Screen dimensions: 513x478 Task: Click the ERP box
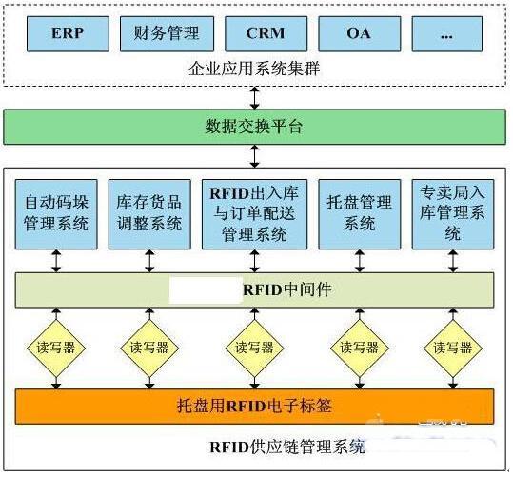pyautogui.click(x=68, y=33)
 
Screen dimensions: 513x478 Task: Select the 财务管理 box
pyautogui.click(x=167, y=33)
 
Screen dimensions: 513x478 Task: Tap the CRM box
pyautogui.click(x=266, y=33)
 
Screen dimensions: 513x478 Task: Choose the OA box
pyautogui.click(x=360, y=33)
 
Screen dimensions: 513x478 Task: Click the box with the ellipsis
pyautogui.click(x=447, y=33)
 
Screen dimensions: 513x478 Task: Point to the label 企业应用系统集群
pyautogui.click(x=254, y=69)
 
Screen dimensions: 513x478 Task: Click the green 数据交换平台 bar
pyautogui.click(x=254, y=127)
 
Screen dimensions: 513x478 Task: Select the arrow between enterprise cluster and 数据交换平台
pyautogui.click(x=254, y=97)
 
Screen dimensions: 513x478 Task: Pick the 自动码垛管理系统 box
pyautogui.click(x=56, y=214)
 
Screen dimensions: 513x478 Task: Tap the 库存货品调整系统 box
pyautogui.click(x=149, y=214)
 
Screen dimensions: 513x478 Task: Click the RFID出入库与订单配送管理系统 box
pyautogui.click(x=254, y=214)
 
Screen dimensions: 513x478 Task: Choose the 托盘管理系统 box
pyautogui.click(x=360, y=214)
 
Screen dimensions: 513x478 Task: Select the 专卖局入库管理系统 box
pyautogui.click(x=453, y=214)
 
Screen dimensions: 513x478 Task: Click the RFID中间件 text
pyautogui.click(x=286, y=289)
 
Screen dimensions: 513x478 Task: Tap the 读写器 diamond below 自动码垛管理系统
pyautogui.click(x=56, y=348)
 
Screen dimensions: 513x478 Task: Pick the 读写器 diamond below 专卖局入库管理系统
pyautogui.click(x=453, y=348)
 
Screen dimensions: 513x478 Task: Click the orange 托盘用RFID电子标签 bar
pyautogui.click(x=254, y=407)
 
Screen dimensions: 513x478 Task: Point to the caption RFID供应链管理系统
pyautogui.click(x=286, y=447)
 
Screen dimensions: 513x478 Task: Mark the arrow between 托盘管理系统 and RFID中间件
pyautogui.click(x=360, y=261)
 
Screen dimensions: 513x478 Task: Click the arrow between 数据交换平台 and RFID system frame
pyautogui.click(x=254, y=156)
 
